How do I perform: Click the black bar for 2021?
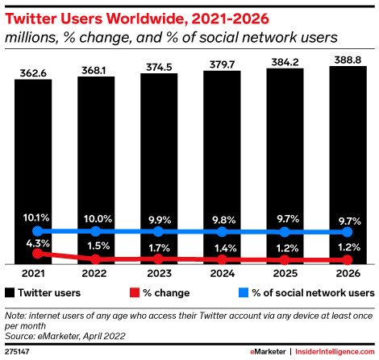(33, 161)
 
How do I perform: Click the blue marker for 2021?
(33, 230)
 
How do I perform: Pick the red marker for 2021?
(33, 253)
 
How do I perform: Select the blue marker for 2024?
(222, 231)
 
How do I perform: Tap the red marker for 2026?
(348, 260)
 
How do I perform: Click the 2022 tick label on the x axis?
(96, 273)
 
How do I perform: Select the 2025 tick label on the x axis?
(285, 273)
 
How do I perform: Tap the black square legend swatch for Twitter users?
(10, 292)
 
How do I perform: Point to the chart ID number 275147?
(16, 352)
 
